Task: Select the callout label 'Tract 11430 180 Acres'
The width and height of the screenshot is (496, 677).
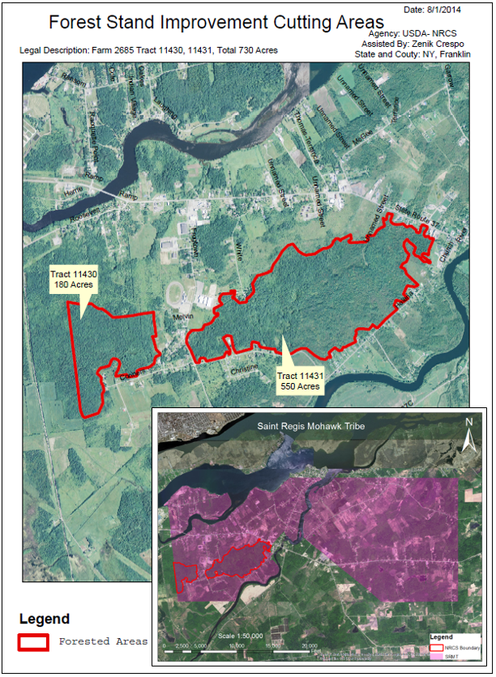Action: tap(74, 280)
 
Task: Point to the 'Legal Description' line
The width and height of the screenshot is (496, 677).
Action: tap(148, 50)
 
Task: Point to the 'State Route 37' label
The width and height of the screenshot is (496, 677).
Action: tap(414, 209)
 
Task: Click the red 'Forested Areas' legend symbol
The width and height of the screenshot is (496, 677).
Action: tap(36, 641)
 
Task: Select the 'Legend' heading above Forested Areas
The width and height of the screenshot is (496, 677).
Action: tap(45, 620)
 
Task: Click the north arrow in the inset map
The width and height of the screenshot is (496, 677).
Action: tap(468, 434)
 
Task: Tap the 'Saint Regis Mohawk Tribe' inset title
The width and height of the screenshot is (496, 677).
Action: tap(310, 425)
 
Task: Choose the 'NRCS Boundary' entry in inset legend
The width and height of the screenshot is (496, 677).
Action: tap(461, 646)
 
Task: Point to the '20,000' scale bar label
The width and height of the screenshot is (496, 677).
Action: tap(309, 647)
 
